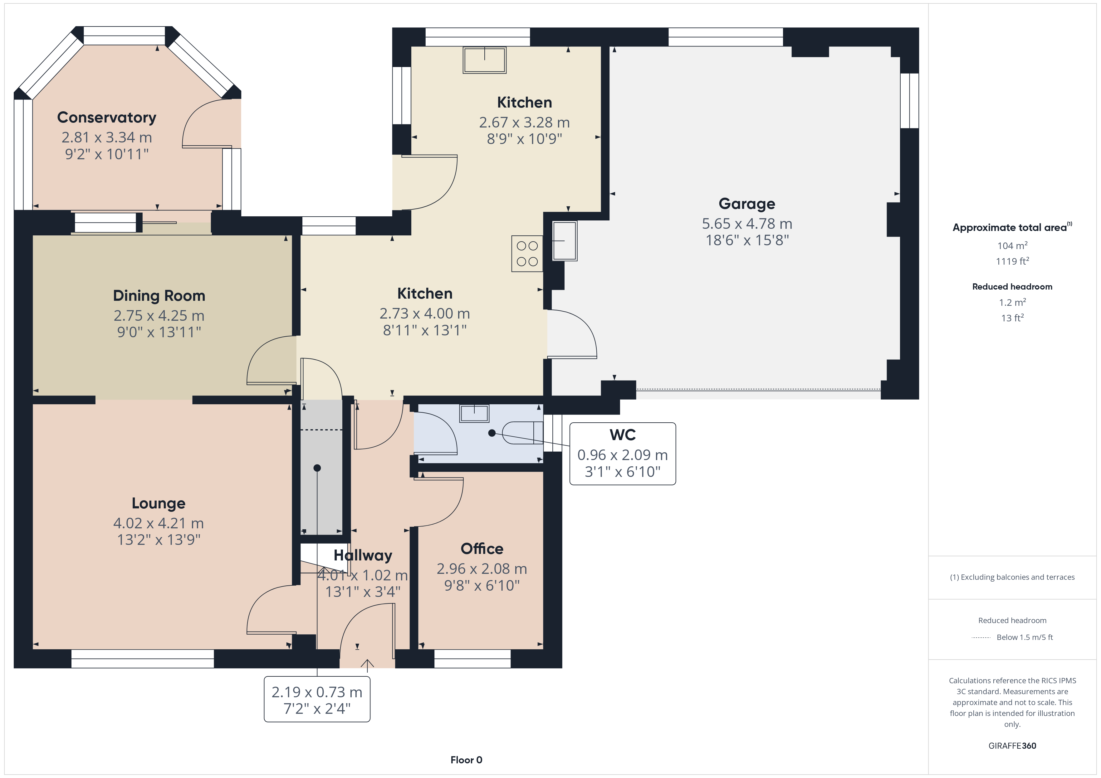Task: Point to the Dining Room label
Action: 159,295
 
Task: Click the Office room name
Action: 482,549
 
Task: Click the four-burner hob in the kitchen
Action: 527,253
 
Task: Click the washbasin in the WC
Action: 474,413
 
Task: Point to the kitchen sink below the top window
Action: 484,60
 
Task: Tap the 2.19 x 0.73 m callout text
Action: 317,692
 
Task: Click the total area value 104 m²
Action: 1012,246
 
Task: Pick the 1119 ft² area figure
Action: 1012,261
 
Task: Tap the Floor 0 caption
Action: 466,760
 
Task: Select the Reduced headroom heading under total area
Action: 1012,286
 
